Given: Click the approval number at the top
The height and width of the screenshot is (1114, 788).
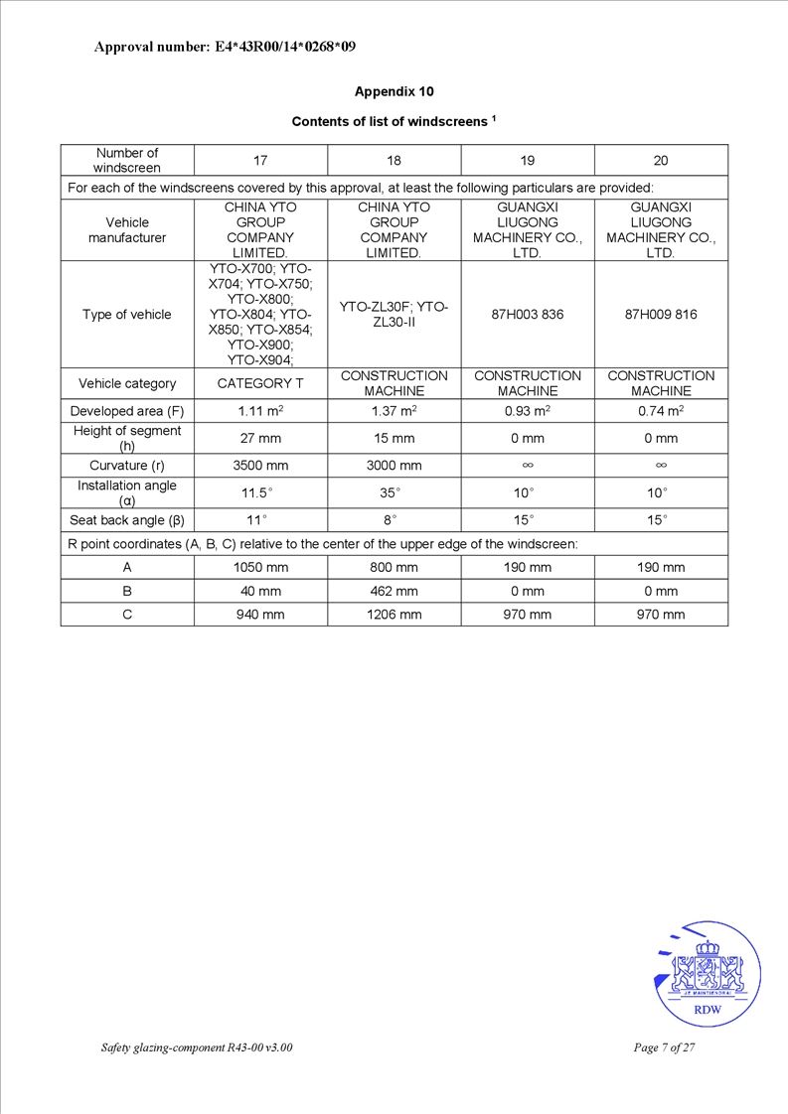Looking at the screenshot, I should point(225,47).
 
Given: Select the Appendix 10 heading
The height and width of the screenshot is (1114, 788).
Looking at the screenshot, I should point(394,91).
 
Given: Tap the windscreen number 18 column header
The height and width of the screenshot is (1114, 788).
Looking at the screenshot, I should point(394,161).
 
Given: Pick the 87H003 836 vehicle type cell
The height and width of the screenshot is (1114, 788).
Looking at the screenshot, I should point(528,315).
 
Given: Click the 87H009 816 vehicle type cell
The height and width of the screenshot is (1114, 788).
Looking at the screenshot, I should point(661,315).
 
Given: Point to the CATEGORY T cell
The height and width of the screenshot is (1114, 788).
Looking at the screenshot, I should point(260,383).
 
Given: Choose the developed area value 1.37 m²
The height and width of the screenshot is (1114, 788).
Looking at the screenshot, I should point(394,411).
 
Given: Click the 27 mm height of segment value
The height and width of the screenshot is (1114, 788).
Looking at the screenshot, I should point(260,438).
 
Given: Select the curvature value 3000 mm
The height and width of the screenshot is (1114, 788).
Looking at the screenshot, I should point(394,465).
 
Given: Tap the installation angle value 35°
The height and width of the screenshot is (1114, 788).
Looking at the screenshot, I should point(394,492).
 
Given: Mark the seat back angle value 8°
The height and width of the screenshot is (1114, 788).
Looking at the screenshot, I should point(394,520).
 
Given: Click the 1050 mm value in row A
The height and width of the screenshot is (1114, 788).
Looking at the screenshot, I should point(260,568).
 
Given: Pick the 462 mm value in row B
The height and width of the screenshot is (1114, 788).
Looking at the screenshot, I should point(394,591).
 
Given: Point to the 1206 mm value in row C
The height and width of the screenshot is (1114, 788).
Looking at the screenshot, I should point(394,615).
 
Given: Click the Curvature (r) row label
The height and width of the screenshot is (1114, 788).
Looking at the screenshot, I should point(127,465).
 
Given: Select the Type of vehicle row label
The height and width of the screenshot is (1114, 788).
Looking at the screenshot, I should point(127,315).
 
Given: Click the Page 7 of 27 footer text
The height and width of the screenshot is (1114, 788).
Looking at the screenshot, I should point(663,1048).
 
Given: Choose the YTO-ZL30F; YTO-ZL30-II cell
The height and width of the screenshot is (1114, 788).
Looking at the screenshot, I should point(394,315).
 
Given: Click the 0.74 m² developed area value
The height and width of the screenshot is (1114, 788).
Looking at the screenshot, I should point(661,411).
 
